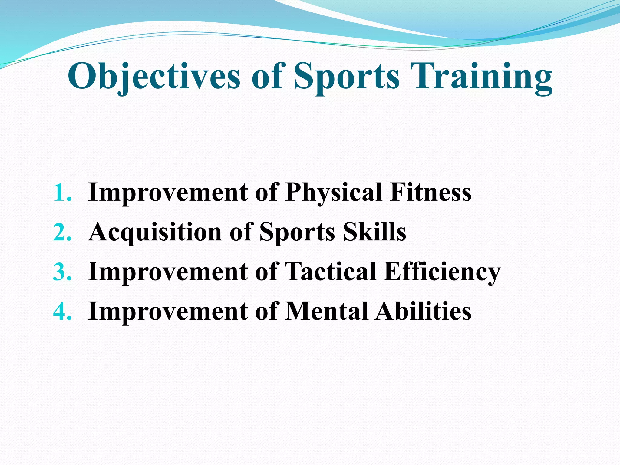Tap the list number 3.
62,272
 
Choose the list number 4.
62,311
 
